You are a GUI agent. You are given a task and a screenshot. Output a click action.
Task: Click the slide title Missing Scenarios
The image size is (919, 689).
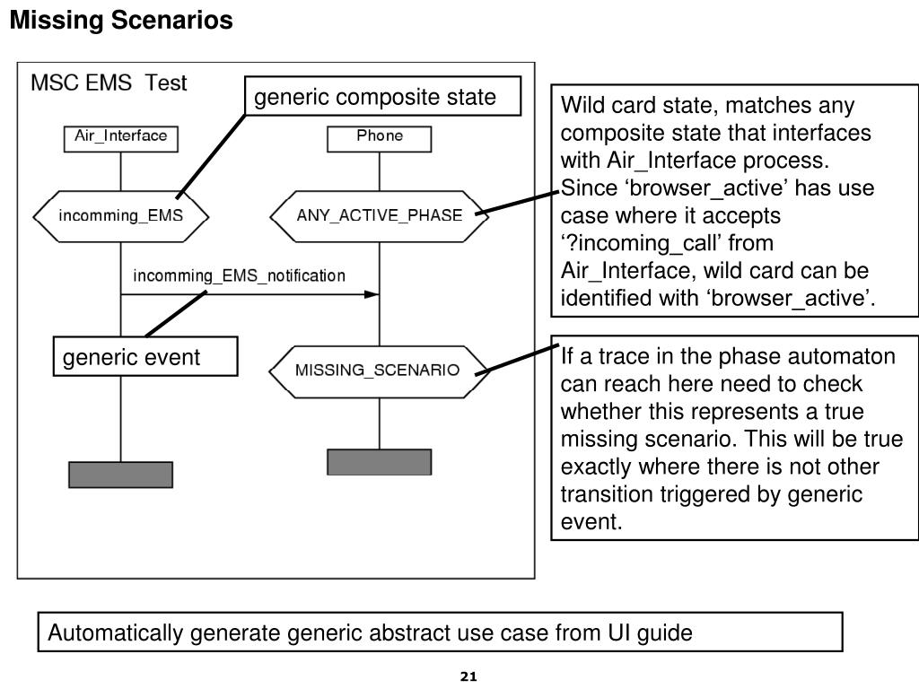(121, 20)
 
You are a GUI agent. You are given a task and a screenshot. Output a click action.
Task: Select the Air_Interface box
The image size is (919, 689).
(121, 139)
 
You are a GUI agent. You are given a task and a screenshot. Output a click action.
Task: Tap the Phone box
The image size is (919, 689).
(380, 139)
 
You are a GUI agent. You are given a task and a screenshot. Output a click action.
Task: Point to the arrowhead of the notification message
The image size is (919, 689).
(372, 294)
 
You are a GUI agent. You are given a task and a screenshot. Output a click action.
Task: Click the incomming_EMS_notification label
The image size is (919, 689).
(239, 275)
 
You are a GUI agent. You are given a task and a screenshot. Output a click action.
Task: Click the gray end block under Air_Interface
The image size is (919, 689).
(121, 475)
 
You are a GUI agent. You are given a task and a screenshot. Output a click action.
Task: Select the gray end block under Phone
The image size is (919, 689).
(380, 462)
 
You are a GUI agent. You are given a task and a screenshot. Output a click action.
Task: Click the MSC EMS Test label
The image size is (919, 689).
(109, 83)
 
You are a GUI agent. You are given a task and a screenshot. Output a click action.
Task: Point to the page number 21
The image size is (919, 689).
(468, 676)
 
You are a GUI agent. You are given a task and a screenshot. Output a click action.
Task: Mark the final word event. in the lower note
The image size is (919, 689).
(591, 521)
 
